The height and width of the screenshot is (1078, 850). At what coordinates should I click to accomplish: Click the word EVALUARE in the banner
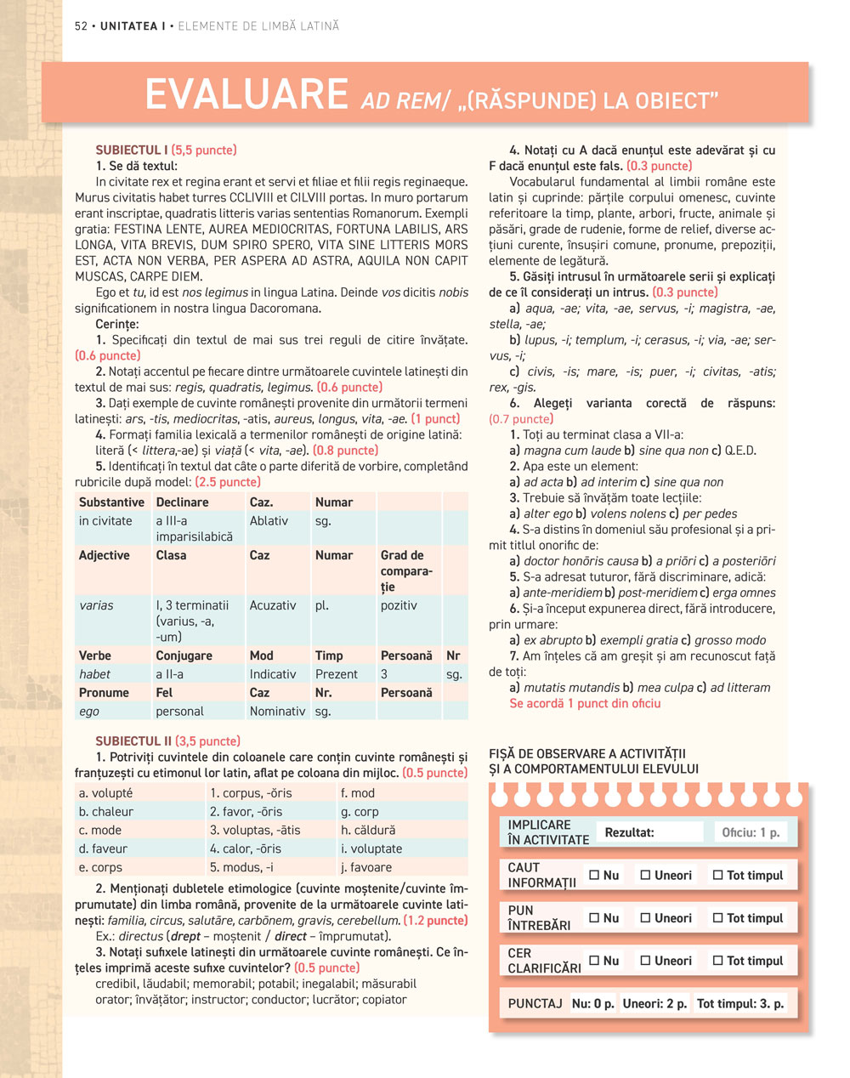coord(246,94)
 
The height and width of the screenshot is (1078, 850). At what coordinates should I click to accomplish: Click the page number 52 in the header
coord(81,26)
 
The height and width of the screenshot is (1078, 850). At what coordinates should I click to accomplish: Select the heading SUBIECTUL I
coord(132,150)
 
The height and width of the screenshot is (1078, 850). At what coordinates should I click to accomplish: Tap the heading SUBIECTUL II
coord(133,740)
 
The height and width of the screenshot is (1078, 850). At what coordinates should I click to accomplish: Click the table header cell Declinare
coord(182,502)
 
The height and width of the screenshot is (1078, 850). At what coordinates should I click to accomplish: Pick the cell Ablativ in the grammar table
coord(269,520)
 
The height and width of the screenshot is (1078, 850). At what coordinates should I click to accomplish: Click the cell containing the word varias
coord(96,605)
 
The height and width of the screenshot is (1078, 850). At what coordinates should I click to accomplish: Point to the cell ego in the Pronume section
coord(89,711)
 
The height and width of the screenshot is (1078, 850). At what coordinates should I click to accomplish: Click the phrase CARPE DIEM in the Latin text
coord(172,276)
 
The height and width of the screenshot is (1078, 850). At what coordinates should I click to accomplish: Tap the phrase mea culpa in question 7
coord(660,687)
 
